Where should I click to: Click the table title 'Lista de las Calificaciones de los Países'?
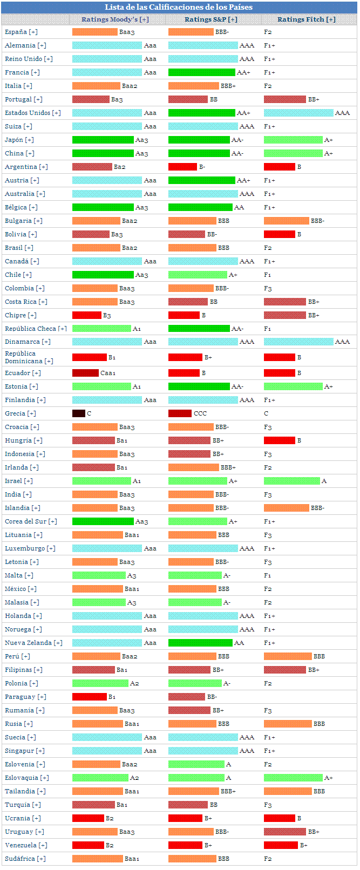[179, 7]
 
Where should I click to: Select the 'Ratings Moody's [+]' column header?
[115, 19]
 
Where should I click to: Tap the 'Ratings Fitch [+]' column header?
[307, 19]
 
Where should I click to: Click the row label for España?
[21, 32]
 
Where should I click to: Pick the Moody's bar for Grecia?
[79, 413]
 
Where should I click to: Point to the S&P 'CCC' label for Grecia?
[200, 413]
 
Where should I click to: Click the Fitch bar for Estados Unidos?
[298, 113]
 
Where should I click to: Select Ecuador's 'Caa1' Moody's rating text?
[108, 373]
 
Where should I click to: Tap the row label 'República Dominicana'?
[29, 357]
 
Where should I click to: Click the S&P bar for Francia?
[201, 72]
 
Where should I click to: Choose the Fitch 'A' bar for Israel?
[292, 481]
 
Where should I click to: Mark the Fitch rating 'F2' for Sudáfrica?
[268, 859]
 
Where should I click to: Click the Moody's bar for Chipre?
[86, 315]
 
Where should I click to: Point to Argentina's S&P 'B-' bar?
[182, 167]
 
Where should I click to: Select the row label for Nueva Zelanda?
[33, 643]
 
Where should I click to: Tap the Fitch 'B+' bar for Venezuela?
[281, 845]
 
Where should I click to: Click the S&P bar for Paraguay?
[186, 697]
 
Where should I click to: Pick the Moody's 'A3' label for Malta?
[132, 575]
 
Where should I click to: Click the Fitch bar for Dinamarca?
[298, 342]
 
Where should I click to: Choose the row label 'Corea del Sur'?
[31, 521]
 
